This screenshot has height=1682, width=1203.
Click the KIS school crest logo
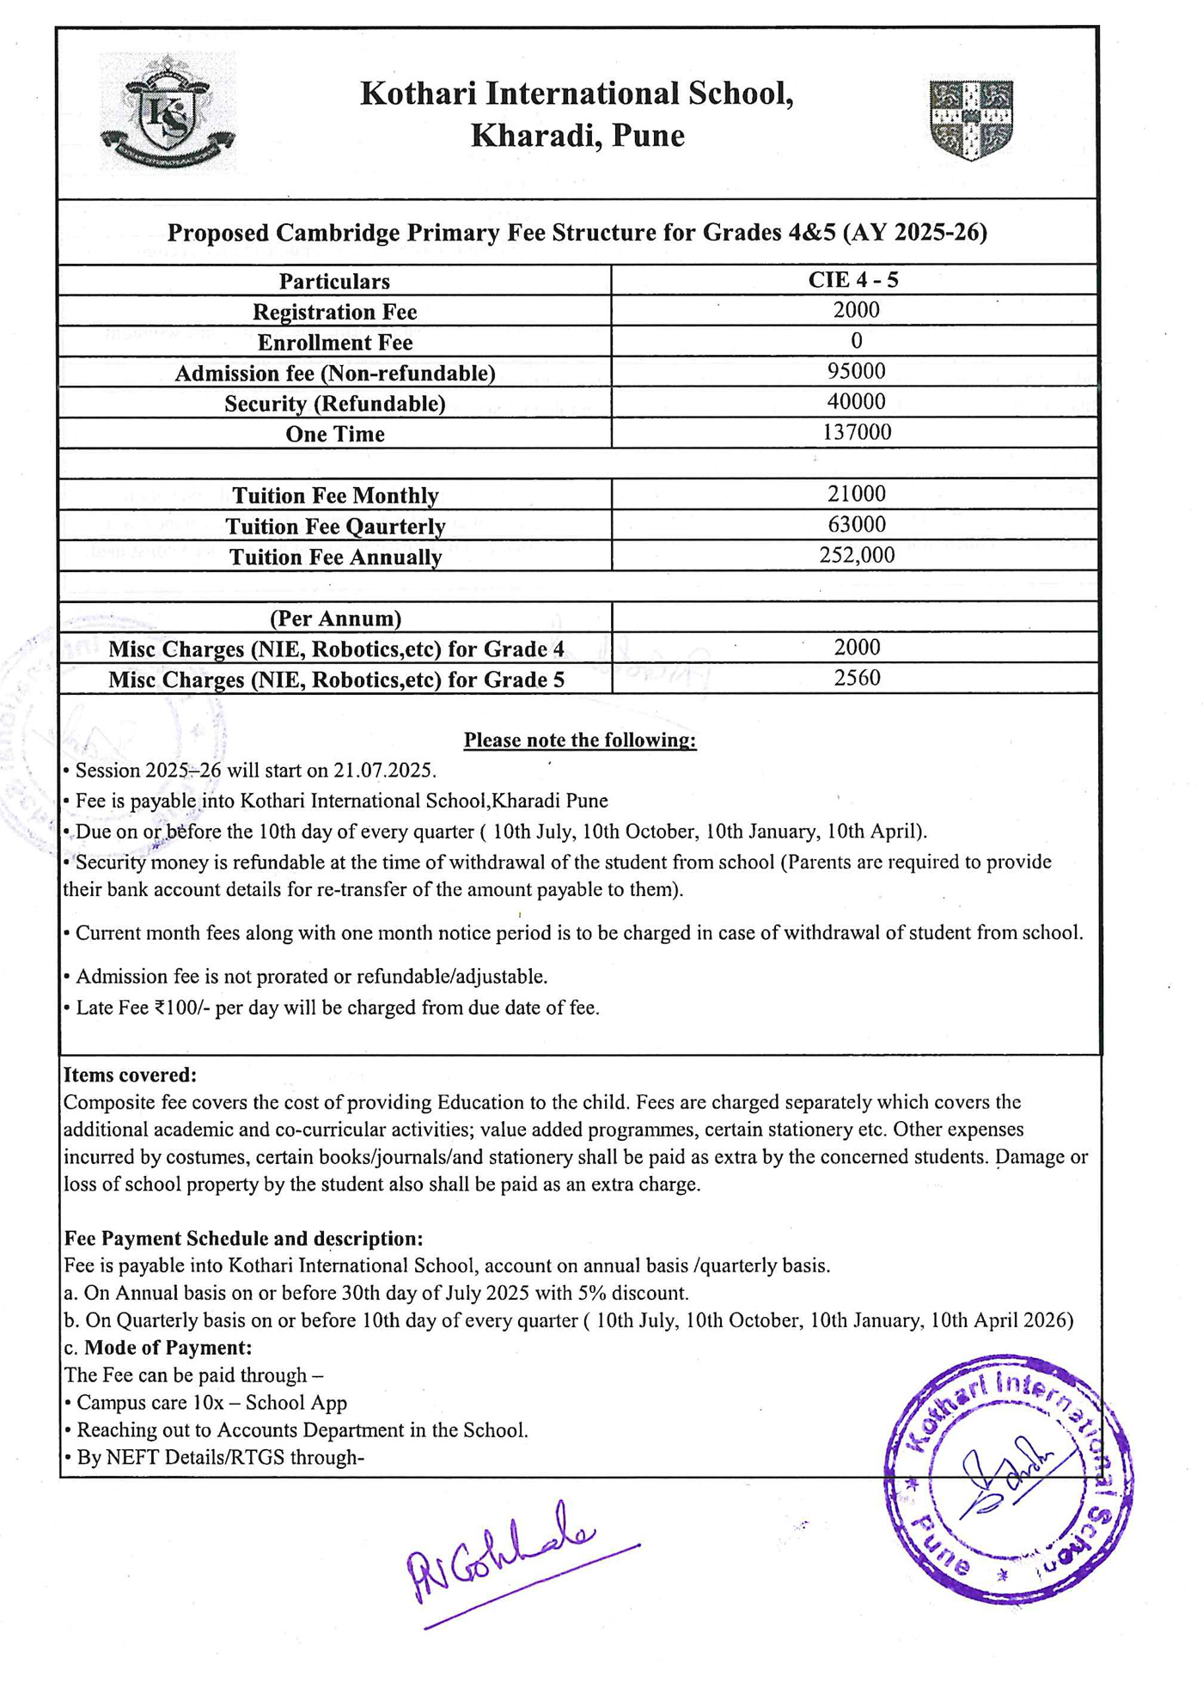168,112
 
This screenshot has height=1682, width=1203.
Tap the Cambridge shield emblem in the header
971,120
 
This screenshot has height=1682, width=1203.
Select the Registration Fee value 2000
856,310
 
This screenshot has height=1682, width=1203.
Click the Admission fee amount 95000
856,371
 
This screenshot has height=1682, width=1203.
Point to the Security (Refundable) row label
335,404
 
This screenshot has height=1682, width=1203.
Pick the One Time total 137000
856,432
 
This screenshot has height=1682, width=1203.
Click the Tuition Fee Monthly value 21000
856,494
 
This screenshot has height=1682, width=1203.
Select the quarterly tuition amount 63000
856,524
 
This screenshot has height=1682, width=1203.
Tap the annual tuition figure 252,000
856,555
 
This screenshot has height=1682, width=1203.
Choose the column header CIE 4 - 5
853,280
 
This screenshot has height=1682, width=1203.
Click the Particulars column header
334,282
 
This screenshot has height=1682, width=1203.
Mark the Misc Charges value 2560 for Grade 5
857,678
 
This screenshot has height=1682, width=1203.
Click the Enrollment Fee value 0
856,341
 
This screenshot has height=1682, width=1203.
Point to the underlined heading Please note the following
580,740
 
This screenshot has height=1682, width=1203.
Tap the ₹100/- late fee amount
181,1008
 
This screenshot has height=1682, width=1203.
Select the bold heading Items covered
130,1075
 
